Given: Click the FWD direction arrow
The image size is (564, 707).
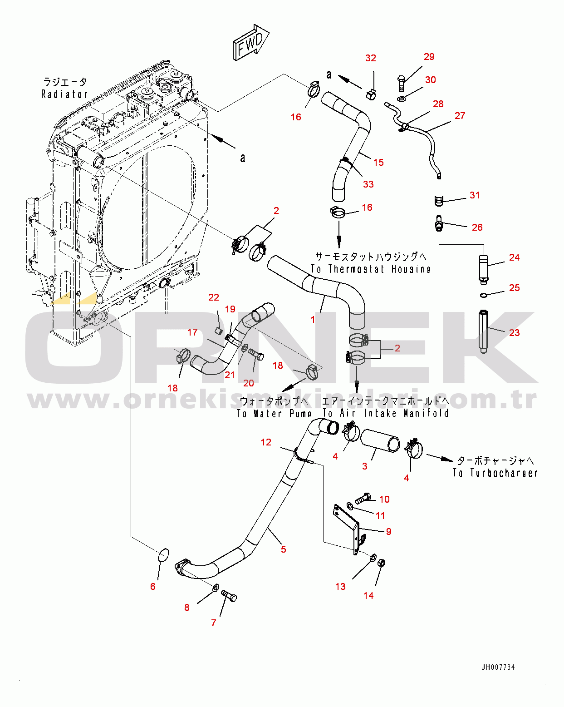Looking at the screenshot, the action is click(251, 43).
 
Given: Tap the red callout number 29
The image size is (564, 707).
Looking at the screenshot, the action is click(429, 57).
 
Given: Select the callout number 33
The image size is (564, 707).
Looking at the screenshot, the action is click(368, 184).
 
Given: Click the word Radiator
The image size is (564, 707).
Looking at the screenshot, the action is click(65, 94).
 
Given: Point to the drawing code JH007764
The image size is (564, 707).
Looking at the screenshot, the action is click(498, 664).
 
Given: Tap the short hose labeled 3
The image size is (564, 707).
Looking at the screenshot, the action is click(380, 441).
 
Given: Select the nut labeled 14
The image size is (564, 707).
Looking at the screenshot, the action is click(381, 563).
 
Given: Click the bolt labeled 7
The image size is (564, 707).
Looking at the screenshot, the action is click(229, 595).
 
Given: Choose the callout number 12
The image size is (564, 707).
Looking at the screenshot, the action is click(266, 442).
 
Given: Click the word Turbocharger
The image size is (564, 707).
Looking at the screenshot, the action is click(504, 473).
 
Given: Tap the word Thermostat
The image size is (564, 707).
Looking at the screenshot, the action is click(356, 269).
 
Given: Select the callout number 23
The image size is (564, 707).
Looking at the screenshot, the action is click(515, 333).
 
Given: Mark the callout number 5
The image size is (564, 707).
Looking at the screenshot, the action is click(283, 549).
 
